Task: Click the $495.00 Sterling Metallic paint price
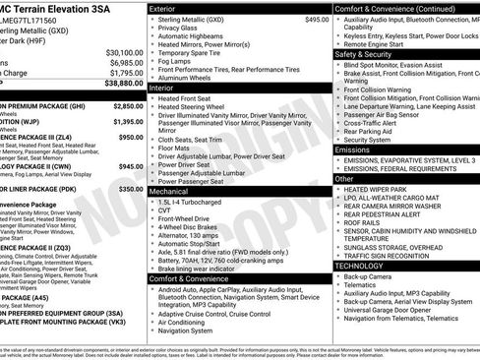[x=317, y=19]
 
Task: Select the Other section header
[x=344, y=179]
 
